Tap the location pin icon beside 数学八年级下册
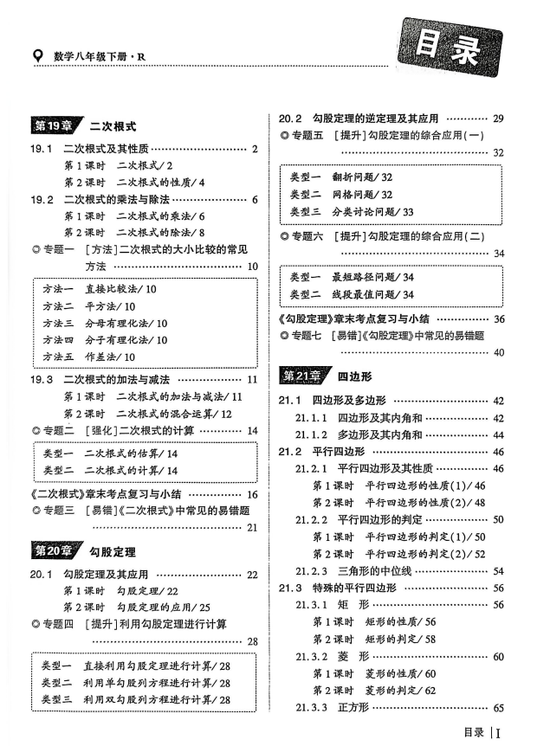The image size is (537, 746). [x=36, y=56]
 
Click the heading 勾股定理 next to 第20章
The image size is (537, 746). [x=113, y=551]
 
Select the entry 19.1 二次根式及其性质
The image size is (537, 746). [x=103, y=149]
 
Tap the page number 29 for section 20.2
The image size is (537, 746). [x=498, y=118]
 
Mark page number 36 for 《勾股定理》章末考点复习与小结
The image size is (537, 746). [x=498, y=318]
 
